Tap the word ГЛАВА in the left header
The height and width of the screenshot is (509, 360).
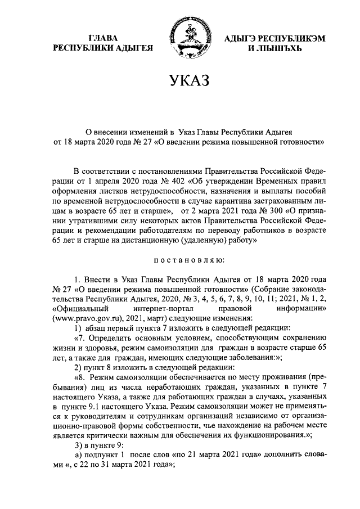tap(103, 38)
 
